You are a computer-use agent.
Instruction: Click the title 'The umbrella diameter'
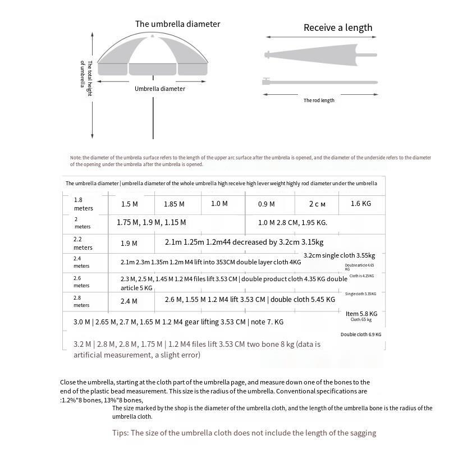coord(177,24)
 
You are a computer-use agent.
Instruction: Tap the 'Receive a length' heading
coord(338,28)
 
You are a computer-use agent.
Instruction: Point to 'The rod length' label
coord(319,100)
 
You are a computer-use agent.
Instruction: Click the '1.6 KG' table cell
coord(361,204)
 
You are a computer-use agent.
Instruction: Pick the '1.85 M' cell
coord(174,204)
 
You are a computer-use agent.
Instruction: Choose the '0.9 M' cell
coord(267,204)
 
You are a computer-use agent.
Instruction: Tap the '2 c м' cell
coord(317,204)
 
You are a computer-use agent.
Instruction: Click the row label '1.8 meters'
coord(83,204)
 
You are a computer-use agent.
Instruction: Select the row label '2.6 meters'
coord(81,282)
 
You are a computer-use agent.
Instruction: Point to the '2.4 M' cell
coord(129,301)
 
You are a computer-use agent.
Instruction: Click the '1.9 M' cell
coord(129,244)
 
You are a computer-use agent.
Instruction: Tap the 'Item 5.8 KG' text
coord(361,314)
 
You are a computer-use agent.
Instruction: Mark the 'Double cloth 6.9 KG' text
coord(361,335)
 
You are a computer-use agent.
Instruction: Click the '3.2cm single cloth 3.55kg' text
coord(339,255)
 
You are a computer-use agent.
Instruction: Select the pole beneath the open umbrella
coord(153,112)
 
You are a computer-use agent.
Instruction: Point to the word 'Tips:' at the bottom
coord(121,433)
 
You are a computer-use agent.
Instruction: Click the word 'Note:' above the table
coord(76,158)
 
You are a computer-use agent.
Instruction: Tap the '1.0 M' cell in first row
coord(219,204)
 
